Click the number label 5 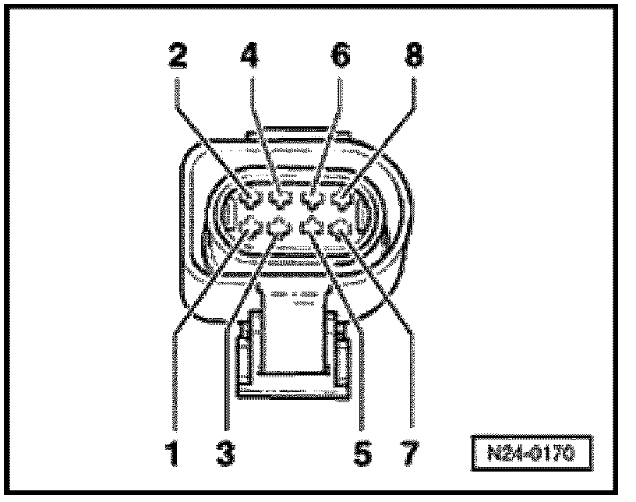click(x=361, y=452)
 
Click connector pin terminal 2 click(x=250, y=200)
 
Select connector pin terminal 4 click(x=282, y=200)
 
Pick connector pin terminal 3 click(x=279, y=228)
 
